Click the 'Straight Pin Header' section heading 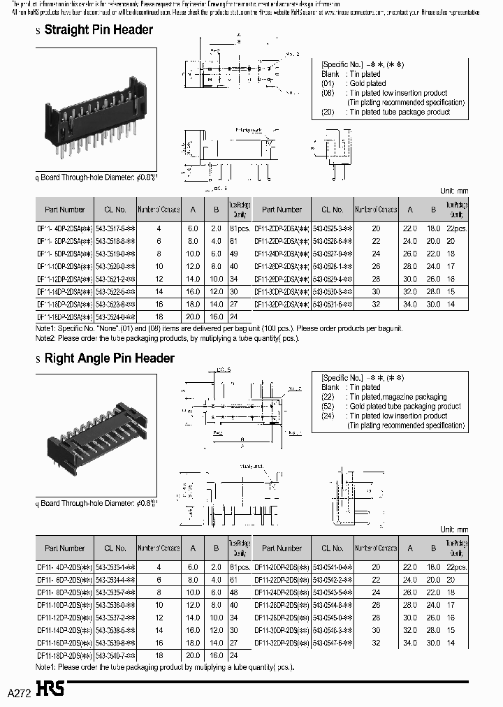pos(98,30)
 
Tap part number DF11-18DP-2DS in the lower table pos(64,655)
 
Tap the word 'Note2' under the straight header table pos(47,339)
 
